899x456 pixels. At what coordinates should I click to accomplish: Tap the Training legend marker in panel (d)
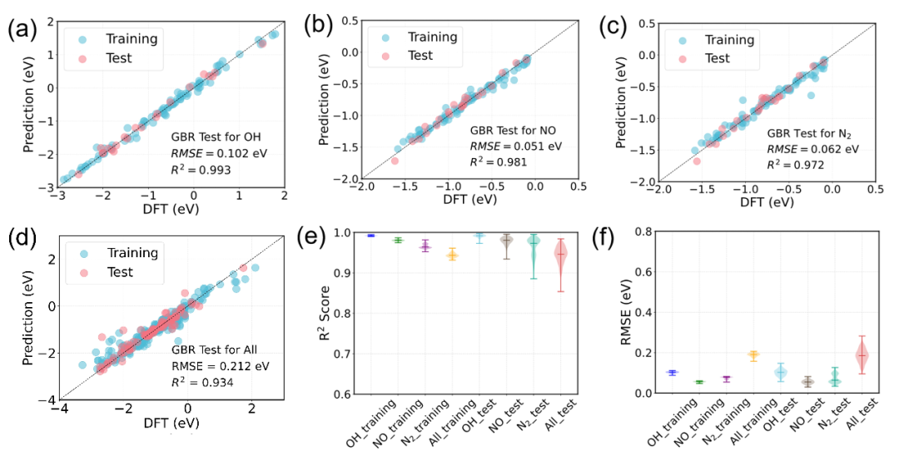point(83,250)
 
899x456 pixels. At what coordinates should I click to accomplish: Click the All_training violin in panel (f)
point(754,355)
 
